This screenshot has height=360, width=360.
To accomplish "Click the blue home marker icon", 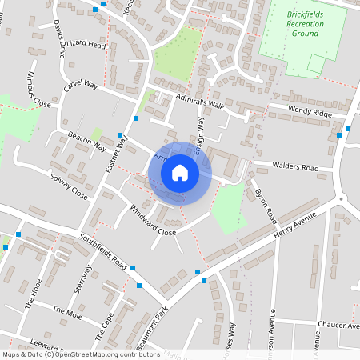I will point(180,173).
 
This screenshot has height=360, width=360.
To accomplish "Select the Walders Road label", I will point(295,168).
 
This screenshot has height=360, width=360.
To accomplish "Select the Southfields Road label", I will point(103,250).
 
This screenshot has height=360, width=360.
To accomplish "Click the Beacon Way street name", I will point(87,142).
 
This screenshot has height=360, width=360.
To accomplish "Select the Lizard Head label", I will point(86,46).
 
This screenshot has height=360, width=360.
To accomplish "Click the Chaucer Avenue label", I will point(338,324).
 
